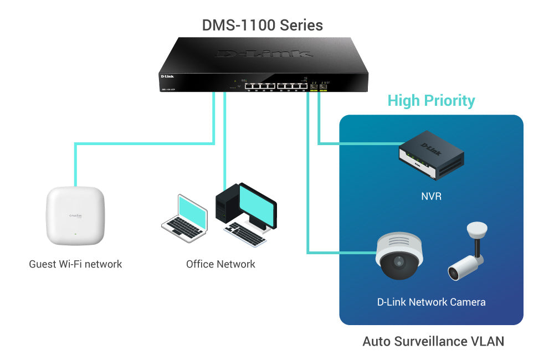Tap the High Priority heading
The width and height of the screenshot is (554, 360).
(x=431, y=100)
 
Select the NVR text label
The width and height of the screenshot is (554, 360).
(x=431, y=196)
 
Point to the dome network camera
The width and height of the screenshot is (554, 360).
(x=399, y=255)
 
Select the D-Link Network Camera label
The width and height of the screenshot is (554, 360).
(x=431, y=302)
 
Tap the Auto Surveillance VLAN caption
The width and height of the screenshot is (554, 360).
(x=433, y=341)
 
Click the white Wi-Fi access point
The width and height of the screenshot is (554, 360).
(x=75, y=215)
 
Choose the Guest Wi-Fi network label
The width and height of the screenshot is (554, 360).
(x=75, y=264)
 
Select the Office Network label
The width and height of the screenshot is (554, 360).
(x=220, y=264)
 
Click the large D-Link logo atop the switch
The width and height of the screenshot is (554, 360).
(x=264, y=54)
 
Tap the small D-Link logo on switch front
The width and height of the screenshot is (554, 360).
(x=168, y=76)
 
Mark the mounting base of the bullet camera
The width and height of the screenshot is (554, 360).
(x=476, y=228)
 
